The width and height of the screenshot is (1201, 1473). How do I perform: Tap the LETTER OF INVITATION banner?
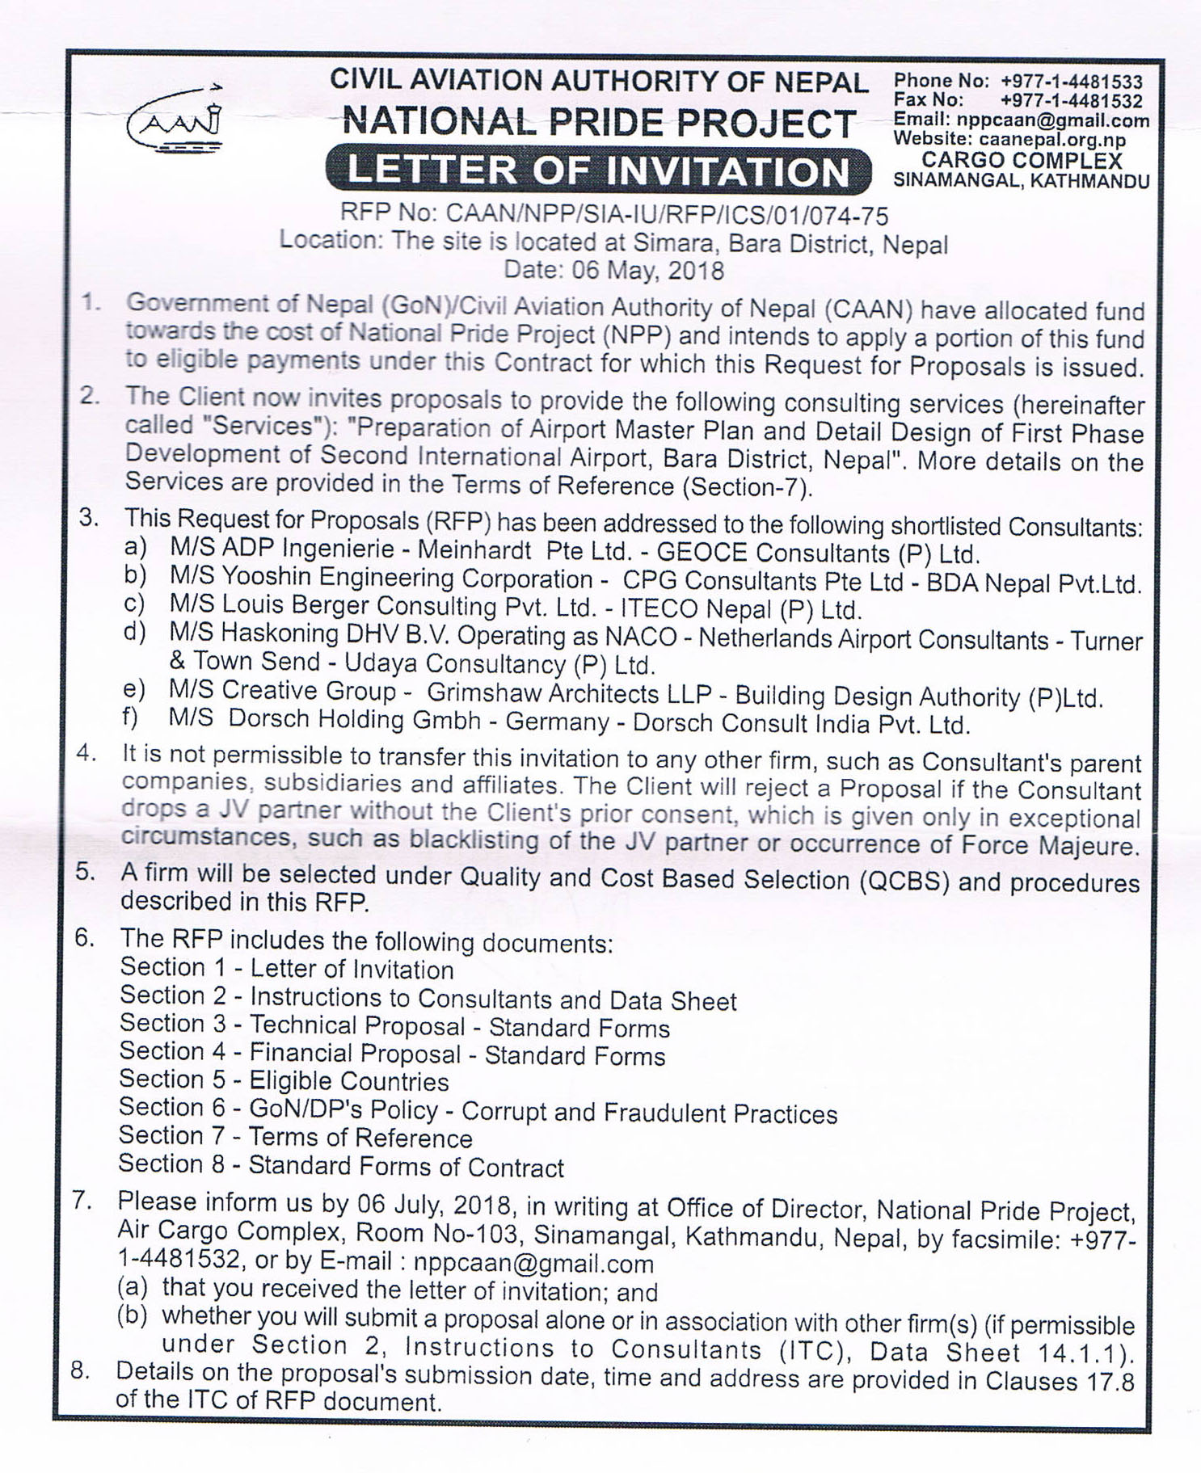coord(598,171)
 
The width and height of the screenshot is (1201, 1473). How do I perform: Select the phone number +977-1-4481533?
coord(1072,82)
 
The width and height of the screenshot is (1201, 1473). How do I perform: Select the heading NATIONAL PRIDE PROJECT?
coord(598,124)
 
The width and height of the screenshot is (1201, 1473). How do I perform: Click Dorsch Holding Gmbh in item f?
coord(355,720)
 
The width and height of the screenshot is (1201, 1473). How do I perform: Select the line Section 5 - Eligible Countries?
coord(284,1080)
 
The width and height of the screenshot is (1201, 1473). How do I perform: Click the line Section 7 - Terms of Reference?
coord(295,1137)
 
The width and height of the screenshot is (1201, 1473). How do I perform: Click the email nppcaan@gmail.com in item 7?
coord(533,1263)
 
